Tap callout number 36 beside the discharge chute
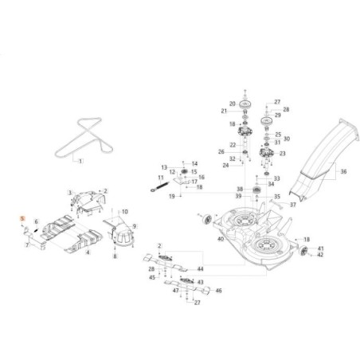pyautogui.click(x=344, y=170)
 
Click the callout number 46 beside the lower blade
pyautogui.click(x=219, y=292)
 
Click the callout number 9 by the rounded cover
pyautogui.click(x=134, y=226)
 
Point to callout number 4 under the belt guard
pyautogui.click(x=88, y=252)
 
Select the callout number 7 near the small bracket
pyautogui.click(x=26, y=245)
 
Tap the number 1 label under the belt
pyautogui.click(x=80, y=159)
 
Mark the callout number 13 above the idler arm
pyautogui.click(x=165, y=167)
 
